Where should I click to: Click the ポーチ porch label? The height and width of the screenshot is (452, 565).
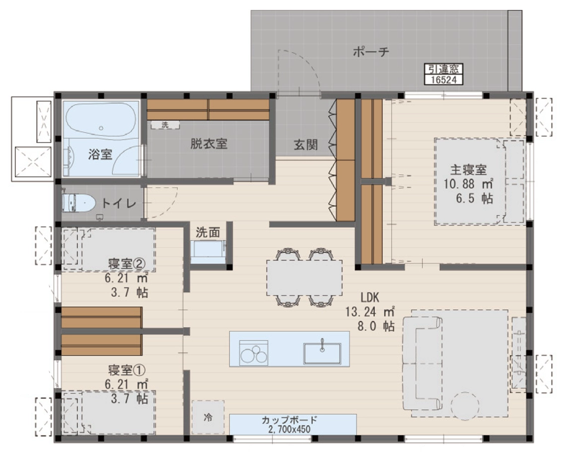tap(371, 52)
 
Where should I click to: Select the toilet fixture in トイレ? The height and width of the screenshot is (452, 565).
tap(78, 203)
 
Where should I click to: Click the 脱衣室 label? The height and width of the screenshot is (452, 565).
tap(209, 144)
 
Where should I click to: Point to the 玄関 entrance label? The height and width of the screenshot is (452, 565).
tap(305, 145)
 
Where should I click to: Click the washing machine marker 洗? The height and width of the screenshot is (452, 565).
tap(165, 125)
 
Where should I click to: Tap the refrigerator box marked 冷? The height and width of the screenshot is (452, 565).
tap(208, 417)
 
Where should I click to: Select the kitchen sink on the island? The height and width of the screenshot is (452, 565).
tap(322, 353)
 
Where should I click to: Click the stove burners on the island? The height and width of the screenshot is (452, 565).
tap(254, 353)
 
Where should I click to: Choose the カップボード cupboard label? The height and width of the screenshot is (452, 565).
tap(289, 420)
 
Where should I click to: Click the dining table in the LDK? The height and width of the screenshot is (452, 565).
tap(304, 278)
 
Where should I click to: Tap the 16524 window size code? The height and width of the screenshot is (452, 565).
tap(443, 79)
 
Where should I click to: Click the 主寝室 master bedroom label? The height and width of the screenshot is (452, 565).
tap(468, 169)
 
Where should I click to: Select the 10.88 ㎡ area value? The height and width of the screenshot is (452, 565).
tap(468, 184)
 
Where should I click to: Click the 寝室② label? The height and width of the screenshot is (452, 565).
tap(127, 263)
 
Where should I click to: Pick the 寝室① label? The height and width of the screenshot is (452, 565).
tap(127, 370)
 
